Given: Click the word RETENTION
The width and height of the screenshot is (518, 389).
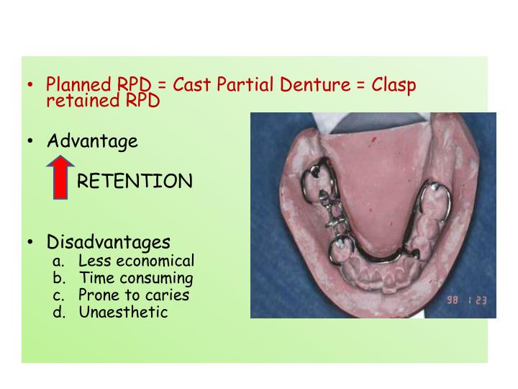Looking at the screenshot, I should (x=135, y=181).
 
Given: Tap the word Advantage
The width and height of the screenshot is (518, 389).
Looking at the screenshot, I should (x=92, y=141).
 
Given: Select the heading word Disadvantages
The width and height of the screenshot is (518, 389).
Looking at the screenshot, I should (x=109, y=242).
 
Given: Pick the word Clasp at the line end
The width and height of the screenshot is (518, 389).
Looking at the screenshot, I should (x=394, y=86).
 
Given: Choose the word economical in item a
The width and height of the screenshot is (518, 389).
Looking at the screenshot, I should (x=156, y=261).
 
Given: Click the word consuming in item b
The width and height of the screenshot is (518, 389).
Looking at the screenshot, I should (x=156, y=278).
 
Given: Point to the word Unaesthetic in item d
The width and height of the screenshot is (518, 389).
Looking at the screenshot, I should (x=123, y=312).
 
